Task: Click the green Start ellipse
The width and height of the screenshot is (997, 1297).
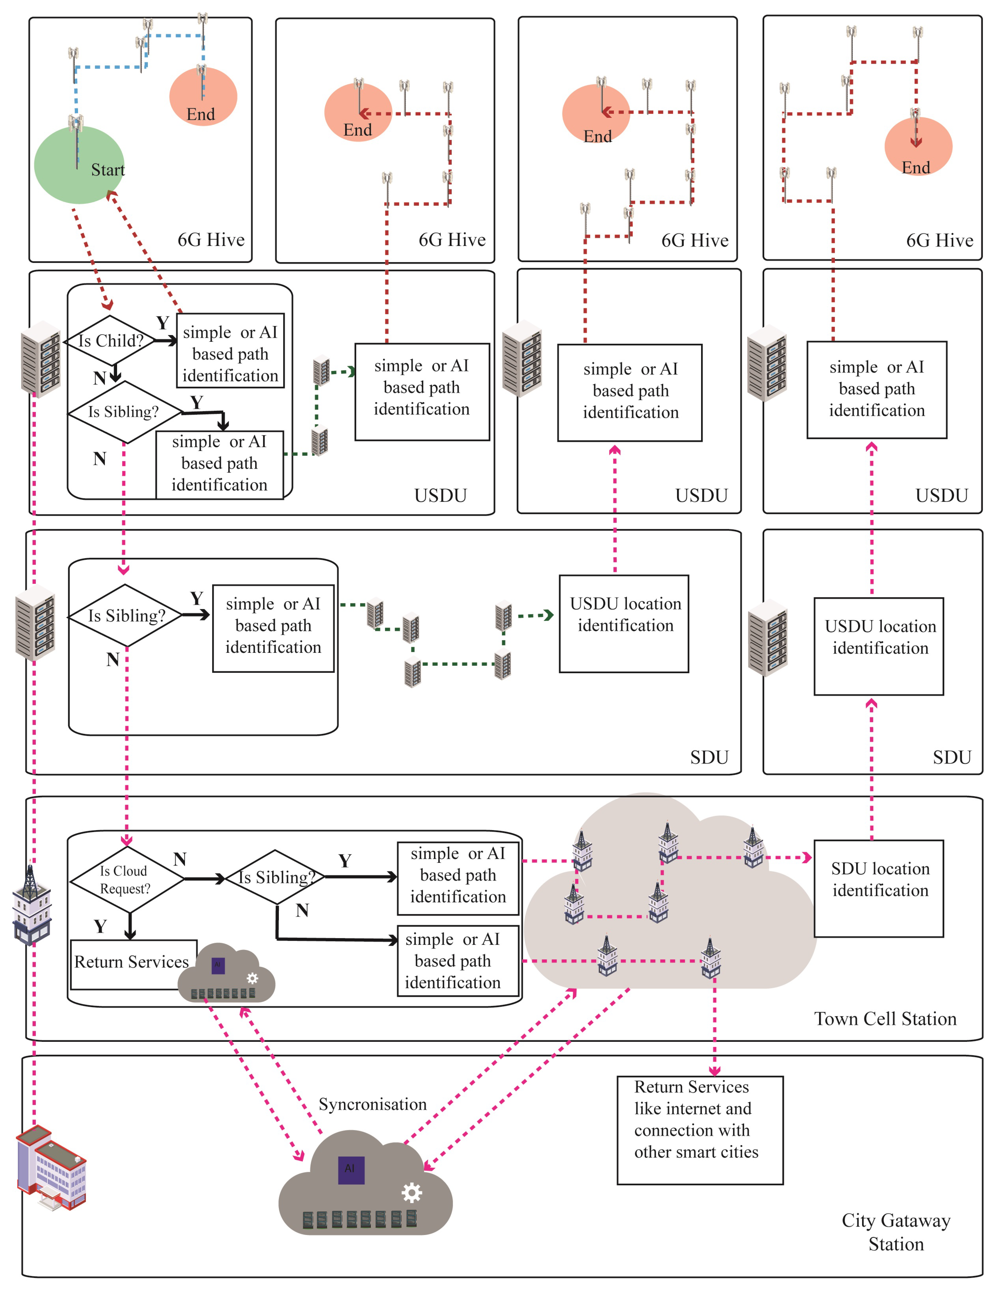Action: click(79, 165)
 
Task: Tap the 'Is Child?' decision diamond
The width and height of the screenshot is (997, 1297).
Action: click(111, 340)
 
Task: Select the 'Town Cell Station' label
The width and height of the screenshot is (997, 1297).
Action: click(885, 1019)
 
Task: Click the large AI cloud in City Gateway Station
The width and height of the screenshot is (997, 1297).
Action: click(365, 1186)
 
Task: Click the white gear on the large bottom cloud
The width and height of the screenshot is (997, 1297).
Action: click(412, 1192)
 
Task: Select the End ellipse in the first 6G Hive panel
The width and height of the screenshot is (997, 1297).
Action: click(203, 96)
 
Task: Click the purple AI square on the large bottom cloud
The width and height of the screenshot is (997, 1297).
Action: click(351, 1169)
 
